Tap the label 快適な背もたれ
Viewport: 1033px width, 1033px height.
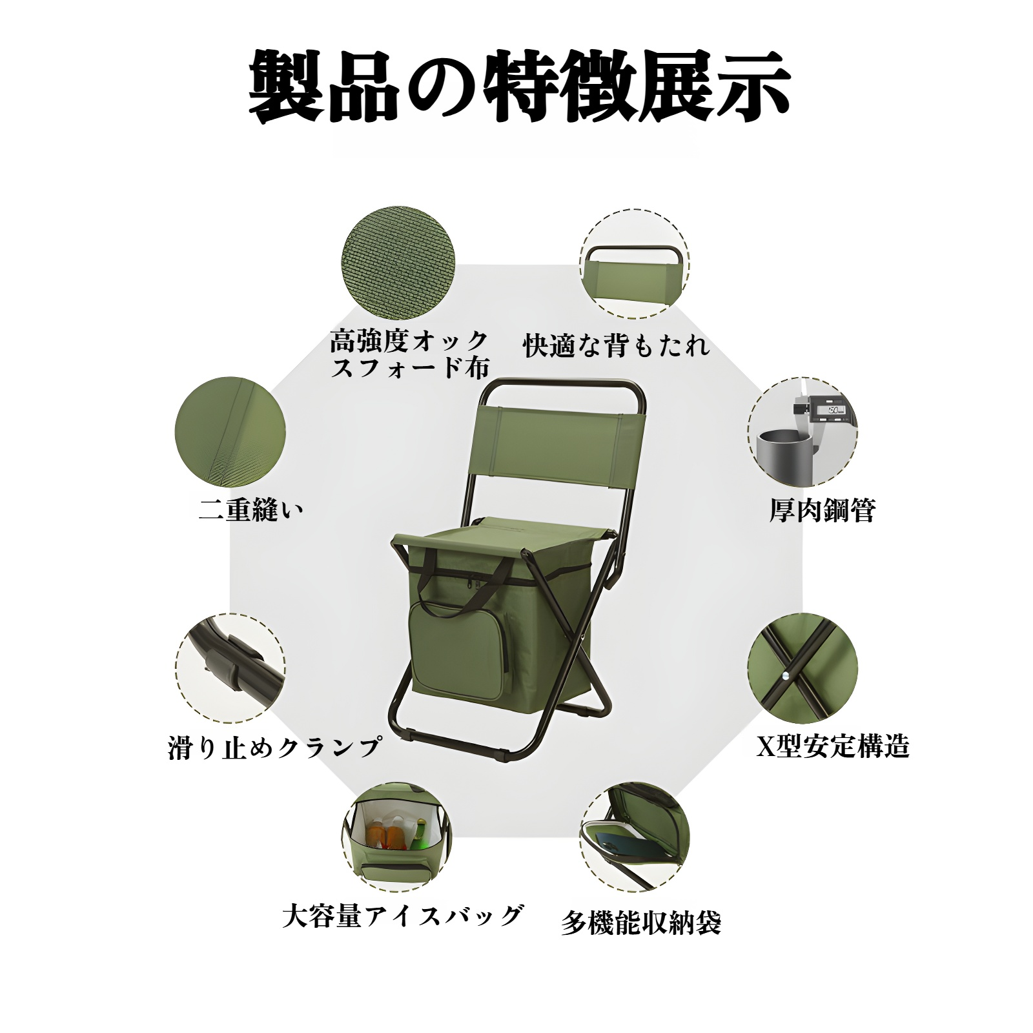click(x=617, y=345)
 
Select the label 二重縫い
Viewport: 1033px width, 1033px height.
click(x=251, y=510)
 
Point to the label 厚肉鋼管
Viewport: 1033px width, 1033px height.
click(x=822, y=510)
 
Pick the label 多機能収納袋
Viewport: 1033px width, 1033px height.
click(x=640, y=923)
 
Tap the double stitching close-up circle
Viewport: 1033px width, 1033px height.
click(x=230, y=432)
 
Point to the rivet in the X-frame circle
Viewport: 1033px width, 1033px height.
click(x=785, y=675)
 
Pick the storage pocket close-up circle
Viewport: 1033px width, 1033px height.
click(x=635, y=838)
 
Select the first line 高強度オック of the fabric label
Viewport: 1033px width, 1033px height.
click(x=409, y=341)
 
